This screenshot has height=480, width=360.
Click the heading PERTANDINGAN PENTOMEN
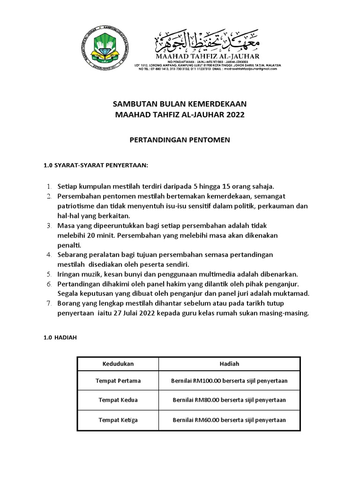[180, 140]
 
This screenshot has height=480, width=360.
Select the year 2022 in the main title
[234, 115]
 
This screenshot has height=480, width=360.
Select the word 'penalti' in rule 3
[69, 245]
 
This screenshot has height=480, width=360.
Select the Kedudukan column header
[118, 364]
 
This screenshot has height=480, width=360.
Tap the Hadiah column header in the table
[229, 364]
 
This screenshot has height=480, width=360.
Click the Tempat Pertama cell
[118, 381]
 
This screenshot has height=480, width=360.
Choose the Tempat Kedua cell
[118, 400]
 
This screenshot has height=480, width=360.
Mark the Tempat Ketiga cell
[118, 420]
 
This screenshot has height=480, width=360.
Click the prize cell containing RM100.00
[229, 381]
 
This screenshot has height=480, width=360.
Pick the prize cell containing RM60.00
[229, 420]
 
